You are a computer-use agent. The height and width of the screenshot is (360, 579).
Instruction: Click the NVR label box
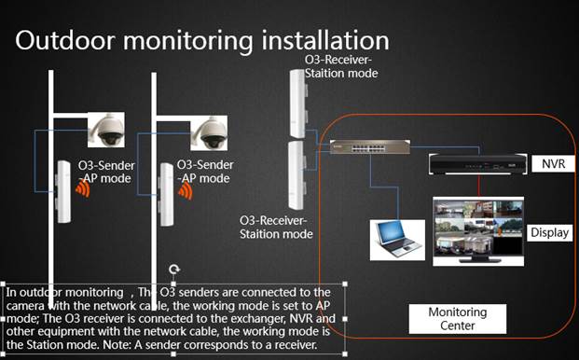[x=553, y=163]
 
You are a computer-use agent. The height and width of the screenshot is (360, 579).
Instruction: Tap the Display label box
[x=549, y=232]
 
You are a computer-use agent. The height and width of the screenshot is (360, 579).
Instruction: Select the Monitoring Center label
[x=458, y=319]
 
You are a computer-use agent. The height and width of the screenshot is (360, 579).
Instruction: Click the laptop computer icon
[x=397, y=240]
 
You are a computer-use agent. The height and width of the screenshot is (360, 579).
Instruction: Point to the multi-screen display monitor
[x=478, y=231]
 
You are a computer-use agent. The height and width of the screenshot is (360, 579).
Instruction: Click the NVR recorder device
[x=477, y=164]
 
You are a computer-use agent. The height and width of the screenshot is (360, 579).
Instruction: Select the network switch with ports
[x=369, y=147]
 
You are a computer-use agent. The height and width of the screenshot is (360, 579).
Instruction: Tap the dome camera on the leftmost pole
[x=106, y=130]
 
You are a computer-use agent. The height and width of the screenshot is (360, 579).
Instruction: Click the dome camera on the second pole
[x=209, y=133]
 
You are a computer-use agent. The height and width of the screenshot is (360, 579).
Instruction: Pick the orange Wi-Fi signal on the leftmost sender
[x=83, y=188]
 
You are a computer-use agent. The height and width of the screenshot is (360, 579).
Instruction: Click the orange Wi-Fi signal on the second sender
[x=186, y=191]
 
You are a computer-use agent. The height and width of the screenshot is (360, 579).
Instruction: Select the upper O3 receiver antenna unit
[x=298, y=104]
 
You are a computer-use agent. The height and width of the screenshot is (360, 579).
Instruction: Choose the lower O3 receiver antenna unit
[x=297, y=175]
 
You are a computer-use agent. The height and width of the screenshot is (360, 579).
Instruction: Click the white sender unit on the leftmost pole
[x=63, y=191]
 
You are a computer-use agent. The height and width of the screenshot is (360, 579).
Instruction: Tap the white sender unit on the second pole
[x=166, y=195]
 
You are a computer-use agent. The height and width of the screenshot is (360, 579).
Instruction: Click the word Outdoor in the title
[x=65, y=40]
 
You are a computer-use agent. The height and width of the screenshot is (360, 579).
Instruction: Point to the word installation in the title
[x=325, y=40]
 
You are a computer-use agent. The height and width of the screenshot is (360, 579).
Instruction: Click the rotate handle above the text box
[x=174, y=270]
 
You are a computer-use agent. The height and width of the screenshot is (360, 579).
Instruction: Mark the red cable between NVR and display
[x=479, y=186]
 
